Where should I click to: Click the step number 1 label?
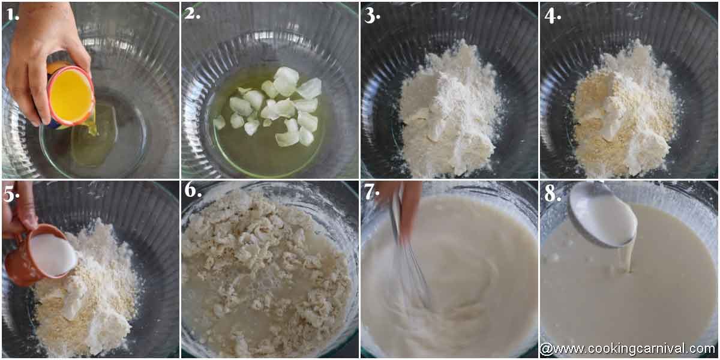pyautogui.click(x=12, y=14)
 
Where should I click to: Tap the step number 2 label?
pyautogui.click(x=192, y=13)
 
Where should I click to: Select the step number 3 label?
pyautogui.click(x=372, y=14)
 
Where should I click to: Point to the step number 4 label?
pyautogui.click(x=552, y=14)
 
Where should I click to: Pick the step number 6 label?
pyautogui.click(x=193, y=191)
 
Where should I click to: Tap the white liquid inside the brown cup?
pyautogui.click(x=53, y=254)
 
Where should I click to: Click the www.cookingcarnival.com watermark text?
pyautogui.click(x=627, y=349)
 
